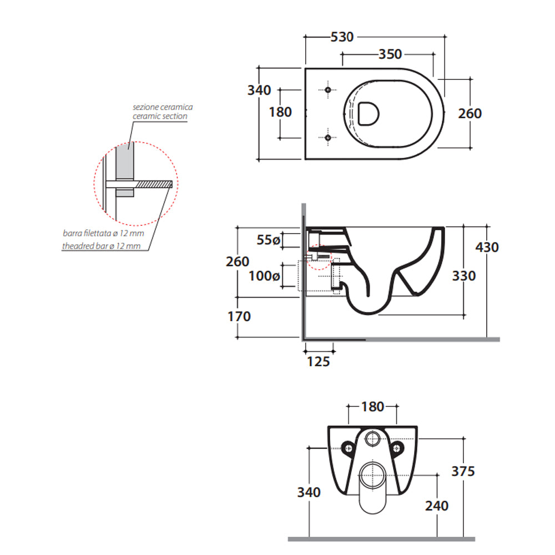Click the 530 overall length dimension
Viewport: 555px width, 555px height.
(342, 37)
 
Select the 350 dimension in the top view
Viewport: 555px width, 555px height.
(390, 54)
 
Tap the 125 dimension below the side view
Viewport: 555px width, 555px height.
(319, 362)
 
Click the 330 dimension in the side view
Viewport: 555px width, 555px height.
(463, 275)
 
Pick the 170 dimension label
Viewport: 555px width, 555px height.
(239, 317)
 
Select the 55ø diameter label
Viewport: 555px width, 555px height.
(269, 240)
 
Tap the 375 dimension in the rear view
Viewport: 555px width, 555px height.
(463, 471)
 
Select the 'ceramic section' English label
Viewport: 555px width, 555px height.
(160, 117)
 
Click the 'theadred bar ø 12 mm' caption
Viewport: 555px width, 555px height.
(101, 246)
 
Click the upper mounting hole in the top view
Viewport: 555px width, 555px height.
(327, 90)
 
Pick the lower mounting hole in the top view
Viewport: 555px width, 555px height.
(327, 137)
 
